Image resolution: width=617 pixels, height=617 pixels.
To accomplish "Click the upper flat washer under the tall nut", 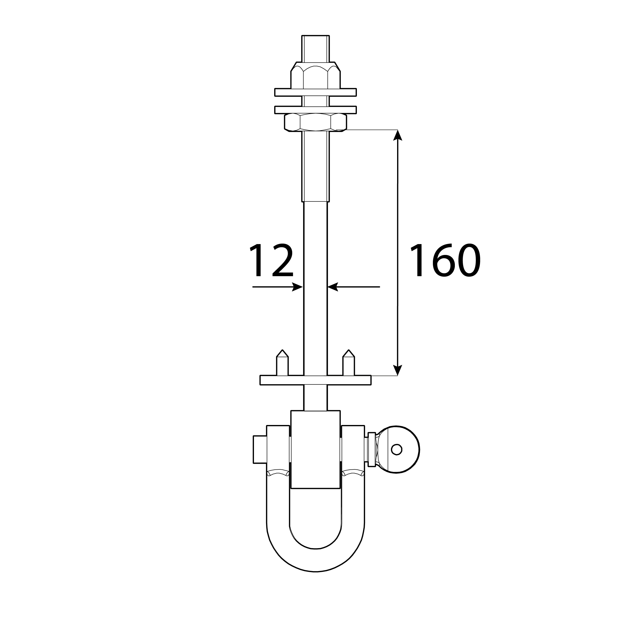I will tap(315, 92).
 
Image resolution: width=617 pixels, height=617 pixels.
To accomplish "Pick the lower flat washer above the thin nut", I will tap(315, 110).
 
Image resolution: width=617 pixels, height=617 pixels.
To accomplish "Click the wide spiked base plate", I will tap(315, 380).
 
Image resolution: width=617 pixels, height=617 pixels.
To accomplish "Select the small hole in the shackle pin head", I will tap(396, 449).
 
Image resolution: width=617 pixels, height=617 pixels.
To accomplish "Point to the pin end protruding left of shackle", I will tap(260, 449).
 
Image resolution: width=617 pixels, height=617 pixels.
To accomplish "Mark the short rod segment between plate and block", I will tap(315, 398).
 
